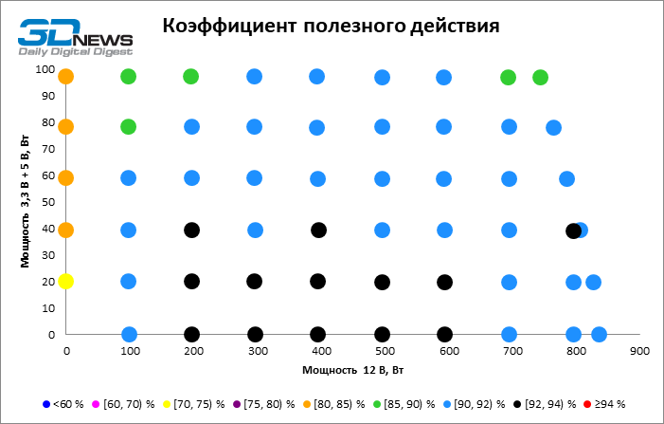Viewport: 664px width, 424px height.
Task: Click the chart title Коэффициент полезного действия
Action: click(x=330, y=26)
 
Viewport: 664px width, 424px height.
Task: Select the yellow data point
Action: click(x=65, y=281)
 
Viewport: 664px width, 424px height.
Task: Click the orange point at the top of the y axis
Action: click(x=65, y=77)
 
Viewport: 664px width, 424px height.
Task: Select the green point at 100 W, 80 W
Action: click(x=128, y=126)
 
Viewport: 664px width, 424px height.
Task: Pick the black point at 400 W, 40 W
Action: click(x=318, y=230)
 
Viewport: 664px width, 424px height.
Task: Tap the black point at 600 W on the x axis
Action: click(x=444, y=334)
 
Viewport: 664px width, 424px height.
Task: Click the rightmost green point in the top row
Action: click(x=540, y=77)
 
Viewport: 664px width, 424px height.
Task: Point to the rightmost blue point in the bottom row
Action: click(x=599, y=334)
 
